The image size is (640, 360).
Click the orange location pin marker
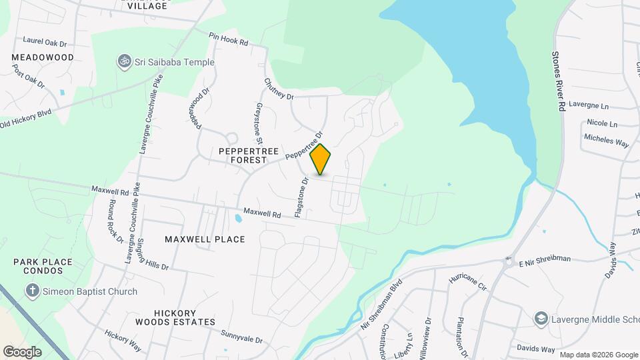click(321, 159)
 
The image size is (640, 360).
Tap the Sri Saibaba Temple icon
click(122, 62)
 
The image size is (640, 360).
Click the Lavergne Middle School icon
click(541, 320)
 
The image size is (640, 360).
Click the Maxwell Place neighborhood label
click(205, 239)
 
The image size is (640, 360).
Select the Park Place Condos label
click(43, 267)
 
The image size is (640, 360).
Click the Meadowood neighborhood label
click(43, 58)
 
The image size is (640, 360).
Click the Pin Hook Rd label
click(228, 39)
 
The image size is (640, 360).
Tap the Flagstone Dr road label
click(302, 198)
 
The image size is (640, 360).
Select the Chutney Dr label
click(279, 90)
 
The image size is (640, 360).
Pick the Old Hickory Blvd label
click(26, 119)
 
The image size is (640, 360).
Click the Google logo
click(22, 351)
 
